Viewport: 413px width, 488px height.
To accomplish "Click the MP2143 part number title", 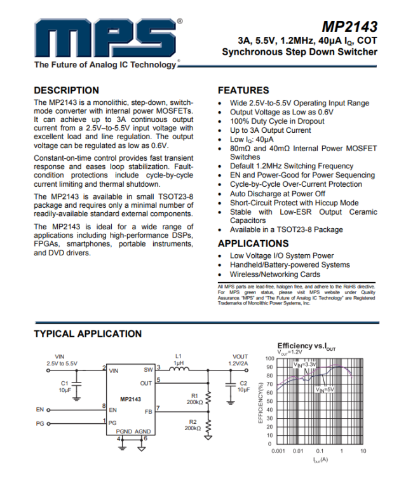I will point(349,27).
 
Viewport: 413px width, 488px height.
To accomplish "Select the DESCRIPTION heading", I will point(66,90).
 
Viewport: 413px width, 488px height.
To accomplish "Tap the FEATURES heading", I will point(243,90).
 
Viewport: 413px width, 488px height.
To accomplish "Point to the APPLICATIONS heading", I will point(253,243).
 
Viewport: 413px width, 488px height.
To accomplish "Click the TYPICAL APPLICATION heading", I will point(88,334).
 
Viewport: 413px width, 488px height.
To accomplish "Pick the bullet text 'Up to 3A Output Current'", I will point(271,130).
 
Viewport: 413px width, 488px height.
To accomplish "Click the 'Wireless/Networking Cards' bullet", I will point(275,274).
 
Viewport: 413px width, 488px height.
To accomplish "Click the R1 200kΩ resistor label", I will point(194,398).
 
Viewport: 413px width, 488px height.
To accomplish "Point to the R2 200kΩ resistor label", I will point(193,425).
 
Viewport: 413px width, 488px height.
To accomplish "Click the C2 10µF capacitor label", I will point(243,386).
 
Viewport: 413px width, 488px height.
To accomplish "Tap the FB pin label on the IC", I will point(148,411).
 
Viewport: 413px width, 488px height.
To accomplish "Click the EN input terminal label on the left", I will point(39,410).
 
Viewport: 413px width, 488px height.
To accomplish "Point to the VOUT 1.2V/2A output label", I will point(240,360).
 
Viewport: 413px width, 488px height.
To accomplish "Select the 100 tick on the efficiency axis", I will point(269,359).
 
